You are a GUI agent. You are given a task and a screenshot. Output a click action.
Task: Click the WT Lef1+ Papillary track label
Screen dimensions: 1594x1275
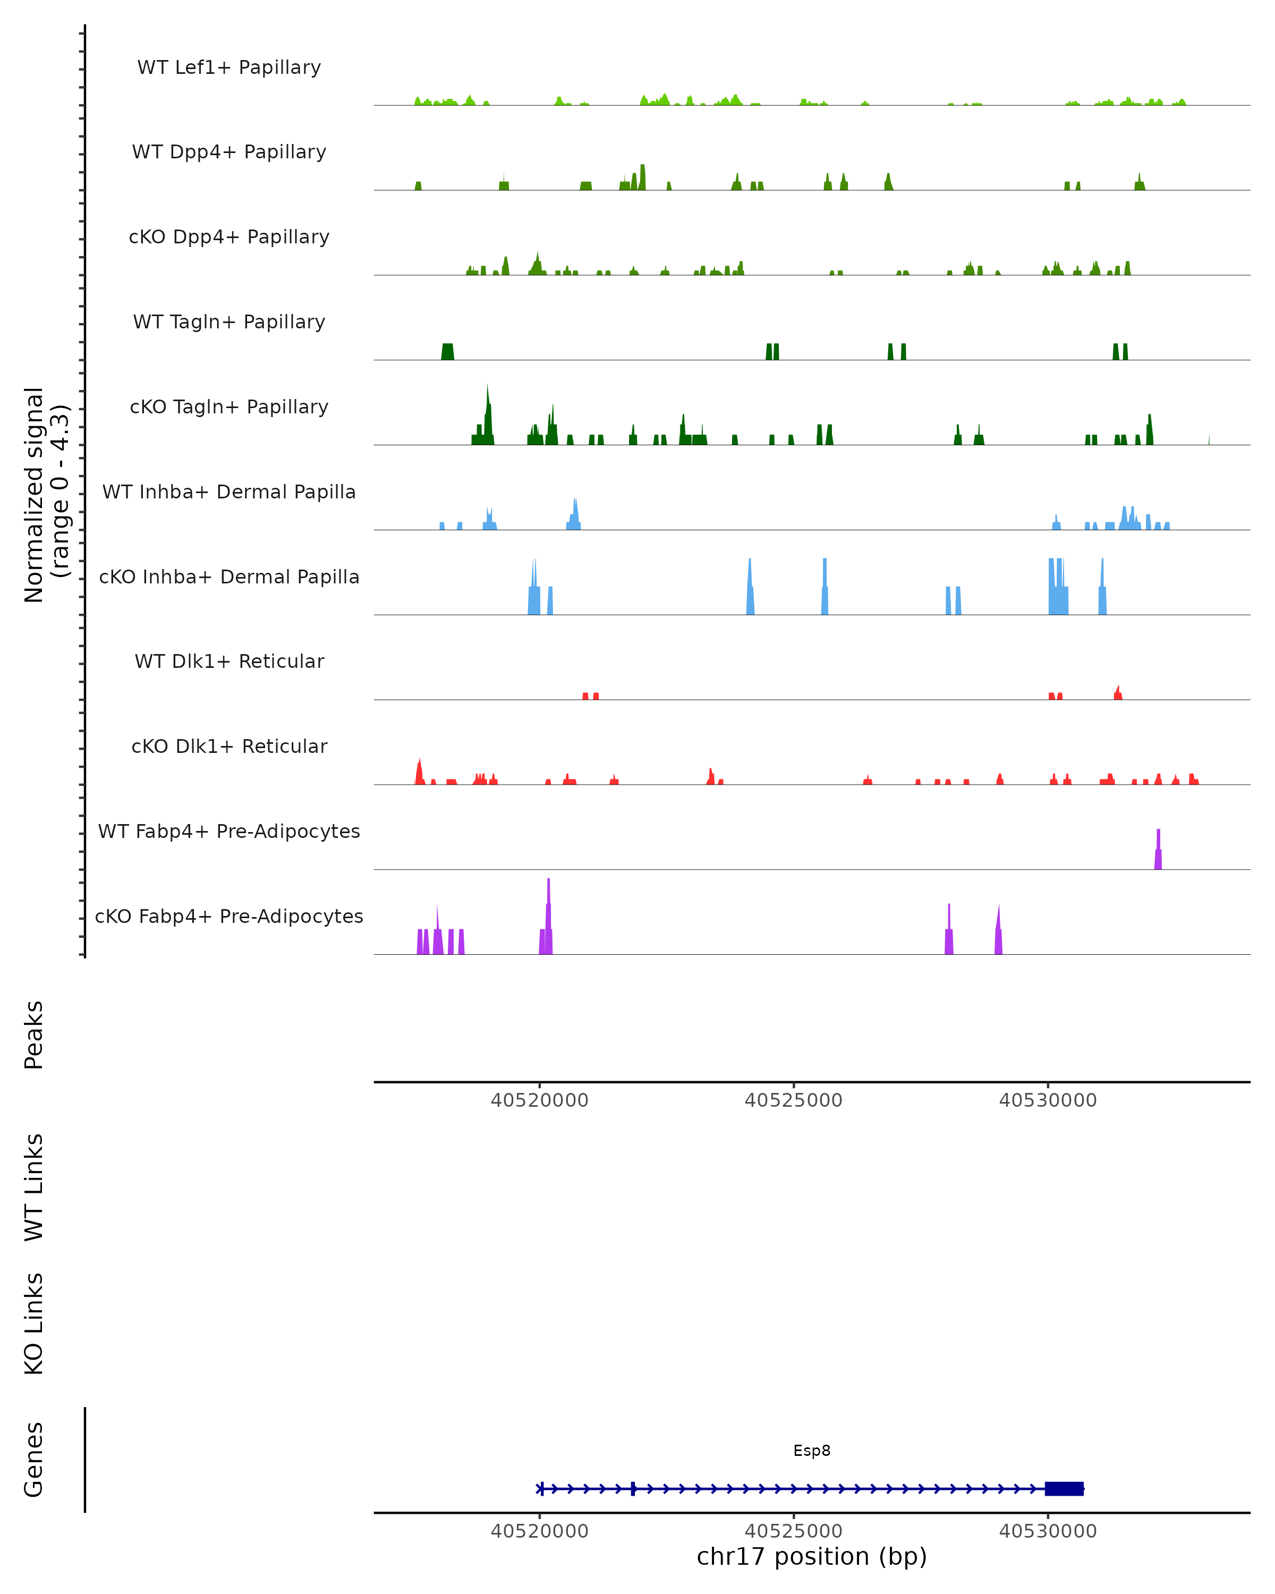pos(229,68)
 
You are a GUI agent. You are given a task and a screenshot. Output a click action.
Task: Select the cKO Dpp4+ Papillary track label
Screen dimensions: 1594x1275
pos(229,238)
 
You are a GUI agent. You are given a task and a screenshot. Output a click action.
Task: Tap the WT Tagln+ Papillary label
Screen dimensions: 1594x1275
pos(229,323)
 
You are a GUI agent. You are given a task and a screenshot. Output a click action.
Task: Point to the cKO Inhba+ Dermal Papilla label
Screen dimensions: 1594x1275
pos(229,578)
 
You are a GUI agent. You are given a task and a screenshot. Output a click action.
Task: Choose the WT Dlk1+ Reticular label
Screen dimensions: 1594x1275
pos(229,662)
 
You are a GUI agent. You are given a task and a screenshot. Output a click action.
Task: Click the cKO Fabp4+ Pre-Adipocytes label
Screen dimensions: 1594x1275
pos(229,917)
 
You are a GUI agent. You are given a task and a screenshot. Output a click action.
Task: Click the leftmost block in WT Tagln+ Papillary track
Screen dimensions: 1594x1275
pos(447,352)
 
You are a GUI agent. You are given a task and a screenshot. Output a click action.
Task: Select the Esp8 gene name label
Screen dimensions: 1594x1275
pos(812,1451)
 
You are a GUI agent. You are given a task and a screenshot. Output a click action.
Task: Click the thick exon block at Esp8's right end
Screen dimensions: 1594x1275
pos(1064,1489)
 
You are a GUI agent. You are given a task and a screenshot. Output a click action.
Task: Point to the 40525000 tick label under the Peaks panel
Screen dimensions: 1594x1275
pos(793,1101)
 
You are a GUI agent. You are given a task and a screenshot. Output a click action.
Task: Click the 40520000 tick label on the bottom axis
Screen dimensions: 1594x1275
pos(540,1531)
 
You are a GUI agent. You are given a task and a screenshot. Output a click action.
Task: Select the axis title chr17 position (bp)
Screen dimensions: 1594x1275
pos(812,1557)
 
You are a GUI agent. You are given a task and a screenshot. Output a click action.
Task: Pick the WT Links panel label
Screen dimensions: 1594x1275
pos(34,1188)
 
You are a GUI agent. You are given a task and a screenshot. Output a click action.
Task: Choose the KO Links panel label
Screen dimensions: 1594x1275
pos(34,1324)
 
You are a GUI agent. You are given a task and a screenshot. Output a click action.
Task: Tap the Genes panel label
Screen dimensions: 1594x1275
pos(34,1460)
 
